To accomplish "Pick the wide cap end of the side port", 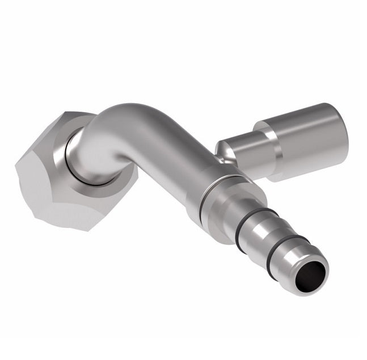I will point(306,139).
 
